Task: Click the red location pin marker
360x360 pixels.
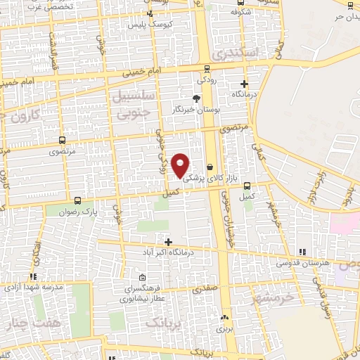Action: click(181, 165)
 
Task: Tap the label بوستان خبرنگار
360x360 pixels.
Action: click(198, 110)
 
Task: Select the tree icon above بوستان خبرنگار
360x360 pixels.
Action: click(199, 98)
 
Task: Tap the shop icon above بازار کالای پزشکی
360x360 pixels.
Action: click(210, 166)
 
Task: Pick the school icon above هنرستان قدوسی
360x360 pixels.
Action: click(302, 252)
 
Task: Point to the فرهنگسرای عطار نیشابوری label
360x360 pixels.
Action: click(143, 293)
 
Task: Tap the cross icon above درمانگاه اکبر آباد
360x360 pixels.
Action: click(167, 241)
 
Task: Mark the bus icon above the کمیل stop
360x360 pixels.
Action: click(247, 186)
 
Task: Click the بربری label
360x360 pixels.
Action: click(224, 328)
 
